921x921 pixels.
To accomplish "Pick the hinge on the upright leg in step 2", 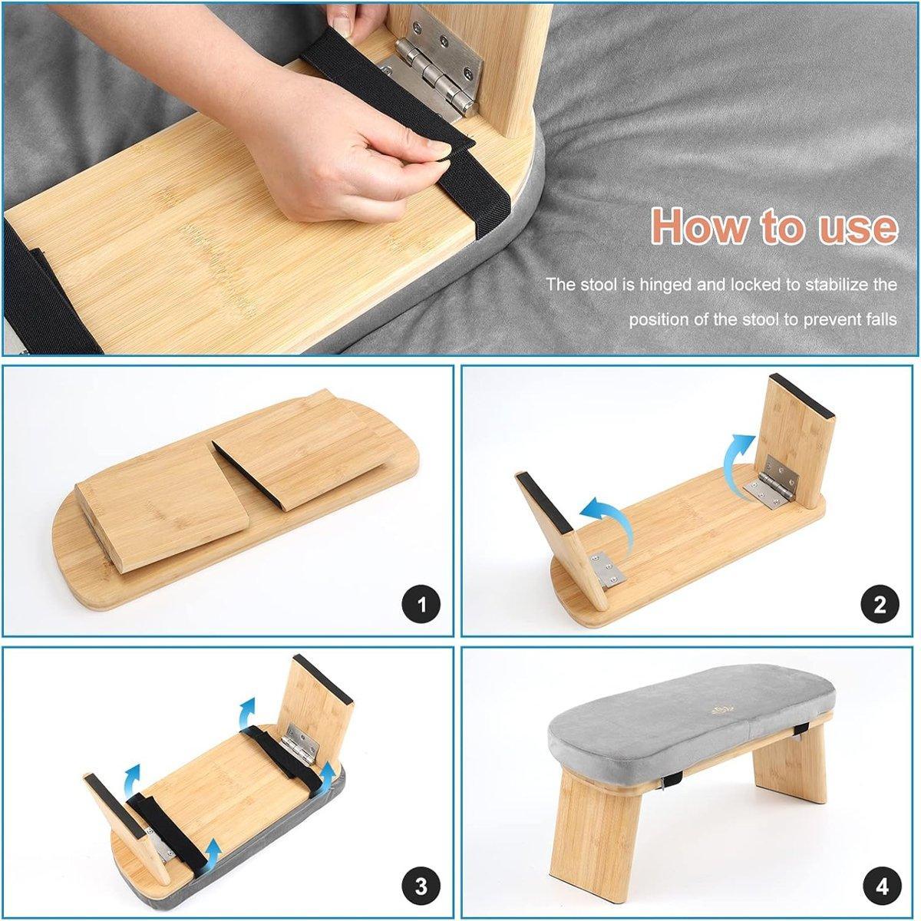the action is click(772, 483).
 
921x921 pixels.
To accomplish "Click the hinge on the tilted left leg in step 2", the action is click(606, 569).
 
